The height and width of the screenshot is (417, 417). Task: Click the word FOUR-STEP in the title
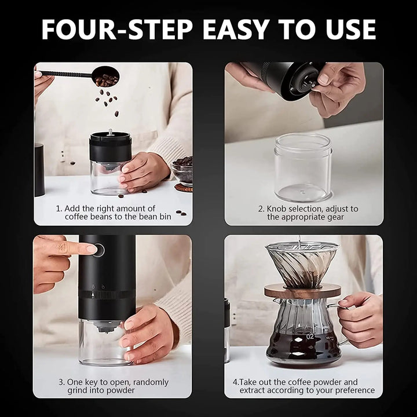click(114, 28)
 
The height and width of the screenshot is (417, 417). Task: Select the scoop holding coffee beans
click(105, 75)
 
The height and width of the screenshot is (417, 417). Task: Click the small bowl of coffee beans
click(183, 170)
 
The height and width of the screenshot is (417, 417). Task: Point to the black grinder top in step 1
click(110, 147)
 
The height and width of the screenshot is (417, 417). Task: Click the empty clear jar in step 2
click(303, 167)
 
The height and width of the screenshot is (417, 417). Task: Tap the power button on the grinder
click(100, 250)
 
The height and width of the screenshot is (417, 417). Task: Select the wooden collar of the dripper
click(303, 291)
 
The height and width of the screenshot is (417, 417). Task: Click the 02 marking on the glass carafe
click(310, 336)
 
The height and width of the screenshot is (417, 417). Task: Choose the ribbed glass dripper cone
click(302, 263)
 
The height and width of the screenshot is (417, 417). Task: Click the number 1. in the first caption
click(59, 208)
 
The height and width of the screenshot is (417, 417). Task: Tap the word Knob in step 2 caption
click(278, 209)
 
